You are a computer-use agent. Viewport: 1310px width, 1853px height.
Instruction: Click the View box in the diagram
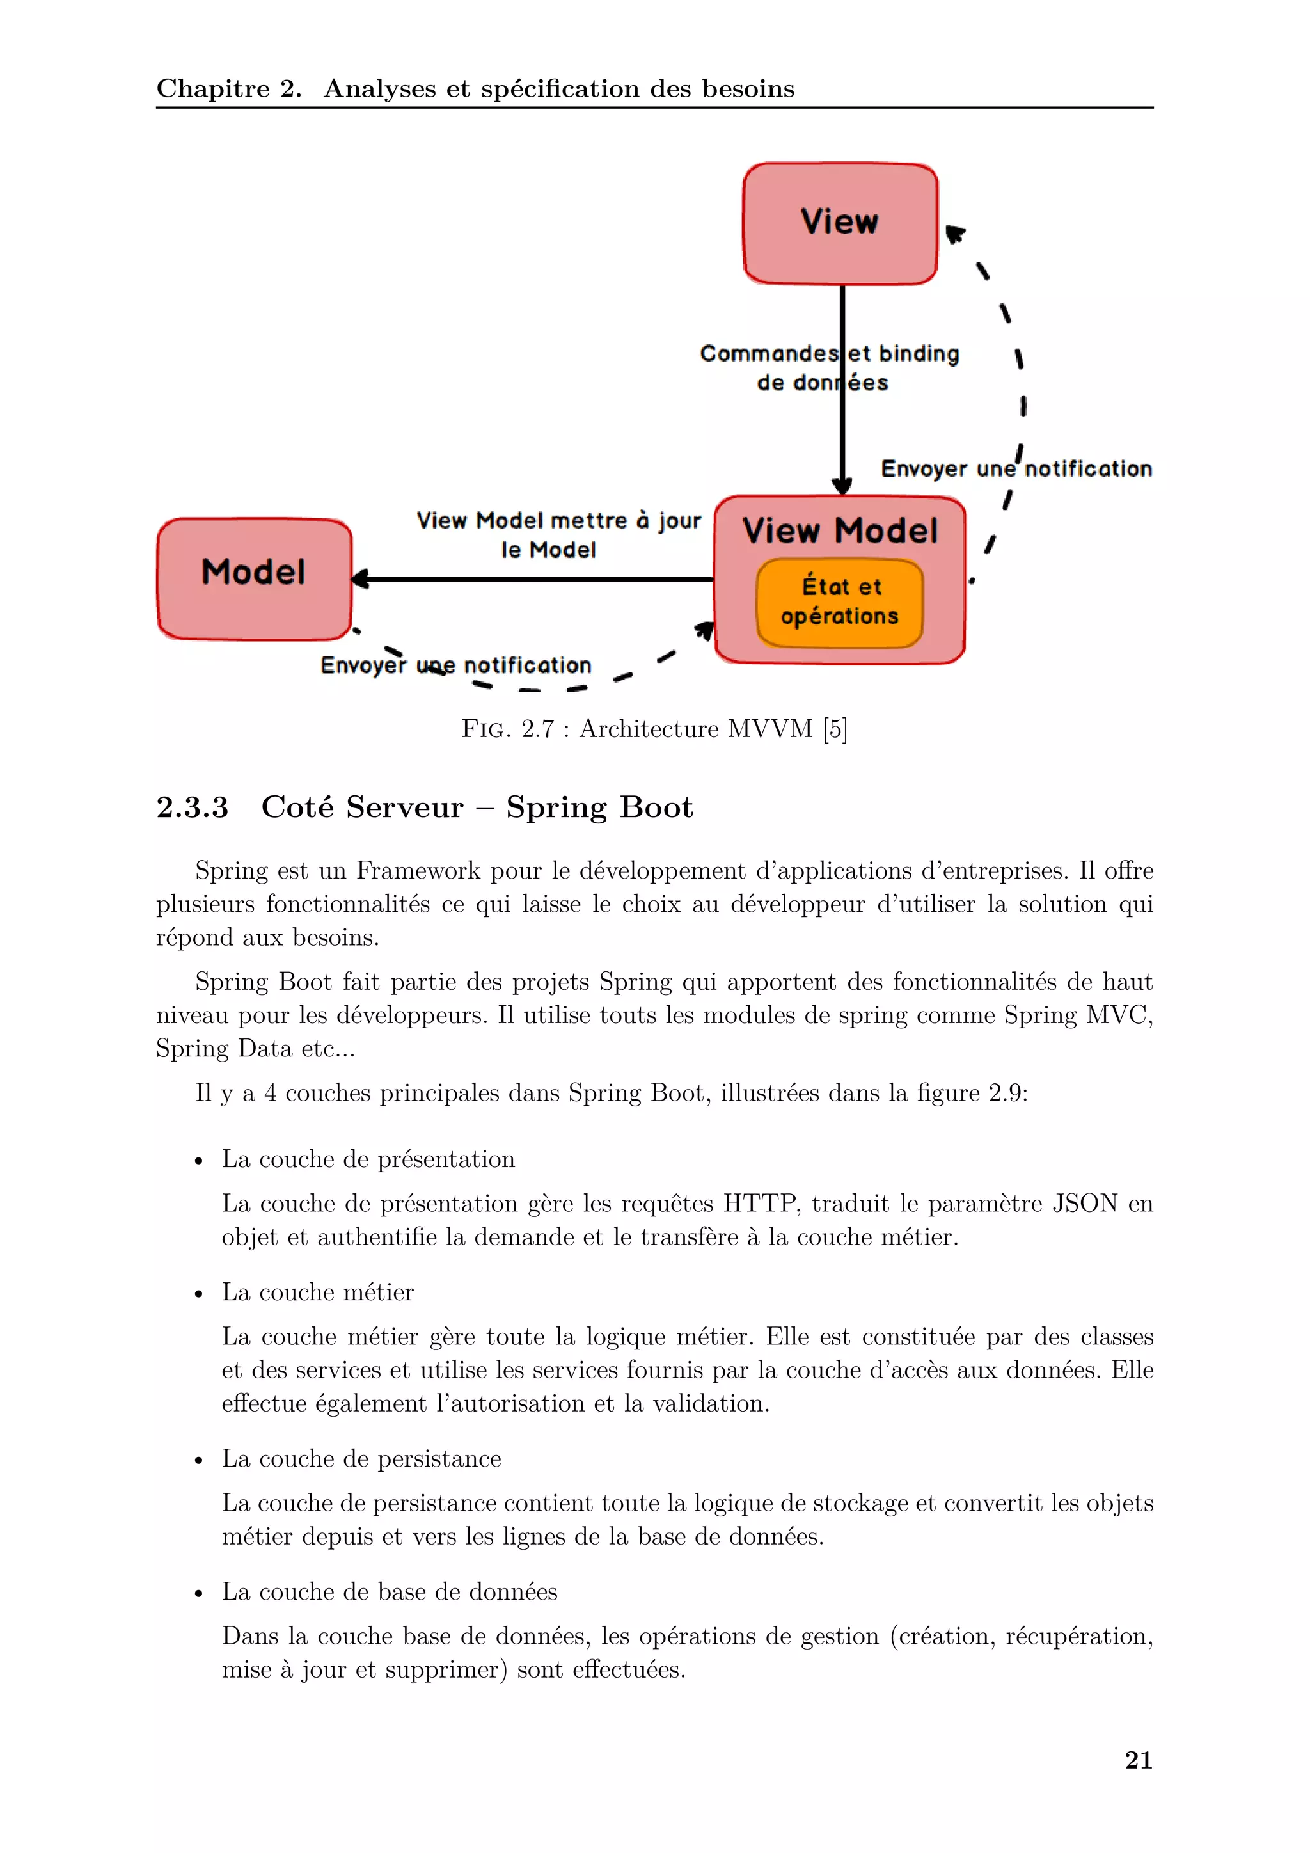point(840,223)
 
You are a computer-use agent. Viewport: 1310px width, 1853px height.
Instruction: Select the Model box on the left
point(254,578)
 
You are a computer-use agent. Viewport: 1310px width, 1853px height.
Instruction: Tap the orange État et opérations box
point(839,602)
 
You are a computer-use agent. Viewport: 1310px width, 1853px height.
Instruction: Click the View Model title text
point(840,531)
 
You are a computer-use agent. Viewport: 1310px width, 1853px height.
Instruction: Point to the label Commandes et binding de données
point(828,368)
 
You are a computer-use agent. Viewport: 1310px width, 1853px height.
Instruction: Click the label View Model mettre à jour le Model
point(558,534)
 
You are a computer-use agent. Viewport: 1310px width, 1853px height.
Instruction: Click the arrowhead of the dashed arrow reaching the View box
point(954,234)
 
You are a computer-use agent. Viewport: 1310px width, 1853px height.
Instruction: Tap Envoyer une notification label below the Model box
point(456,666)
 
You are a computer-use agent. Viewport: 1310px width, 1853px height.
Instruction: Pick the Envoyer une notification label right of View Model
point(1016,469)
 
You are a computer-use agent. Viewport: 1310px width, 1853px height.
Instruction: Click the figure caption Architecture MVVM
point(695,729)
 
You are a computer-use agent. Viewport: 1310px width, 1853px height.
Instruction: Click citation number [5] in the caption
point(835,729)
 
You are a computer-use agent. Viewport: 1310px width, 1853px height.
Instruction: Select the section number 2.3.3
point(192,807)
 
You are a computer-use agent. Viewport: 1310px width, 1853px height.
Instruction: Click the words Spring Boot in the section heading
point(599,807)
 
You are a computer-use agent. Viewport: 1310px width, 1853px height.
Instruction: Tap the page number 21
point(1137,1760)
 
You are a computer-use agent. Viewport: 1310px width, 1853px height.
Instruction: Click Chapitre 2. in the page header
point(228,89)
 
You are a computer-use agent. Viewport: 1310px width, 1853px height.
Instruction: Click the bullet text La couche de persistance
point(361,1458)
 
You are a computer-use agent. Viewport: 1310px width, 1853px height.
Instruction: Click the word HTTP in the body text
point(759,1204)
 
